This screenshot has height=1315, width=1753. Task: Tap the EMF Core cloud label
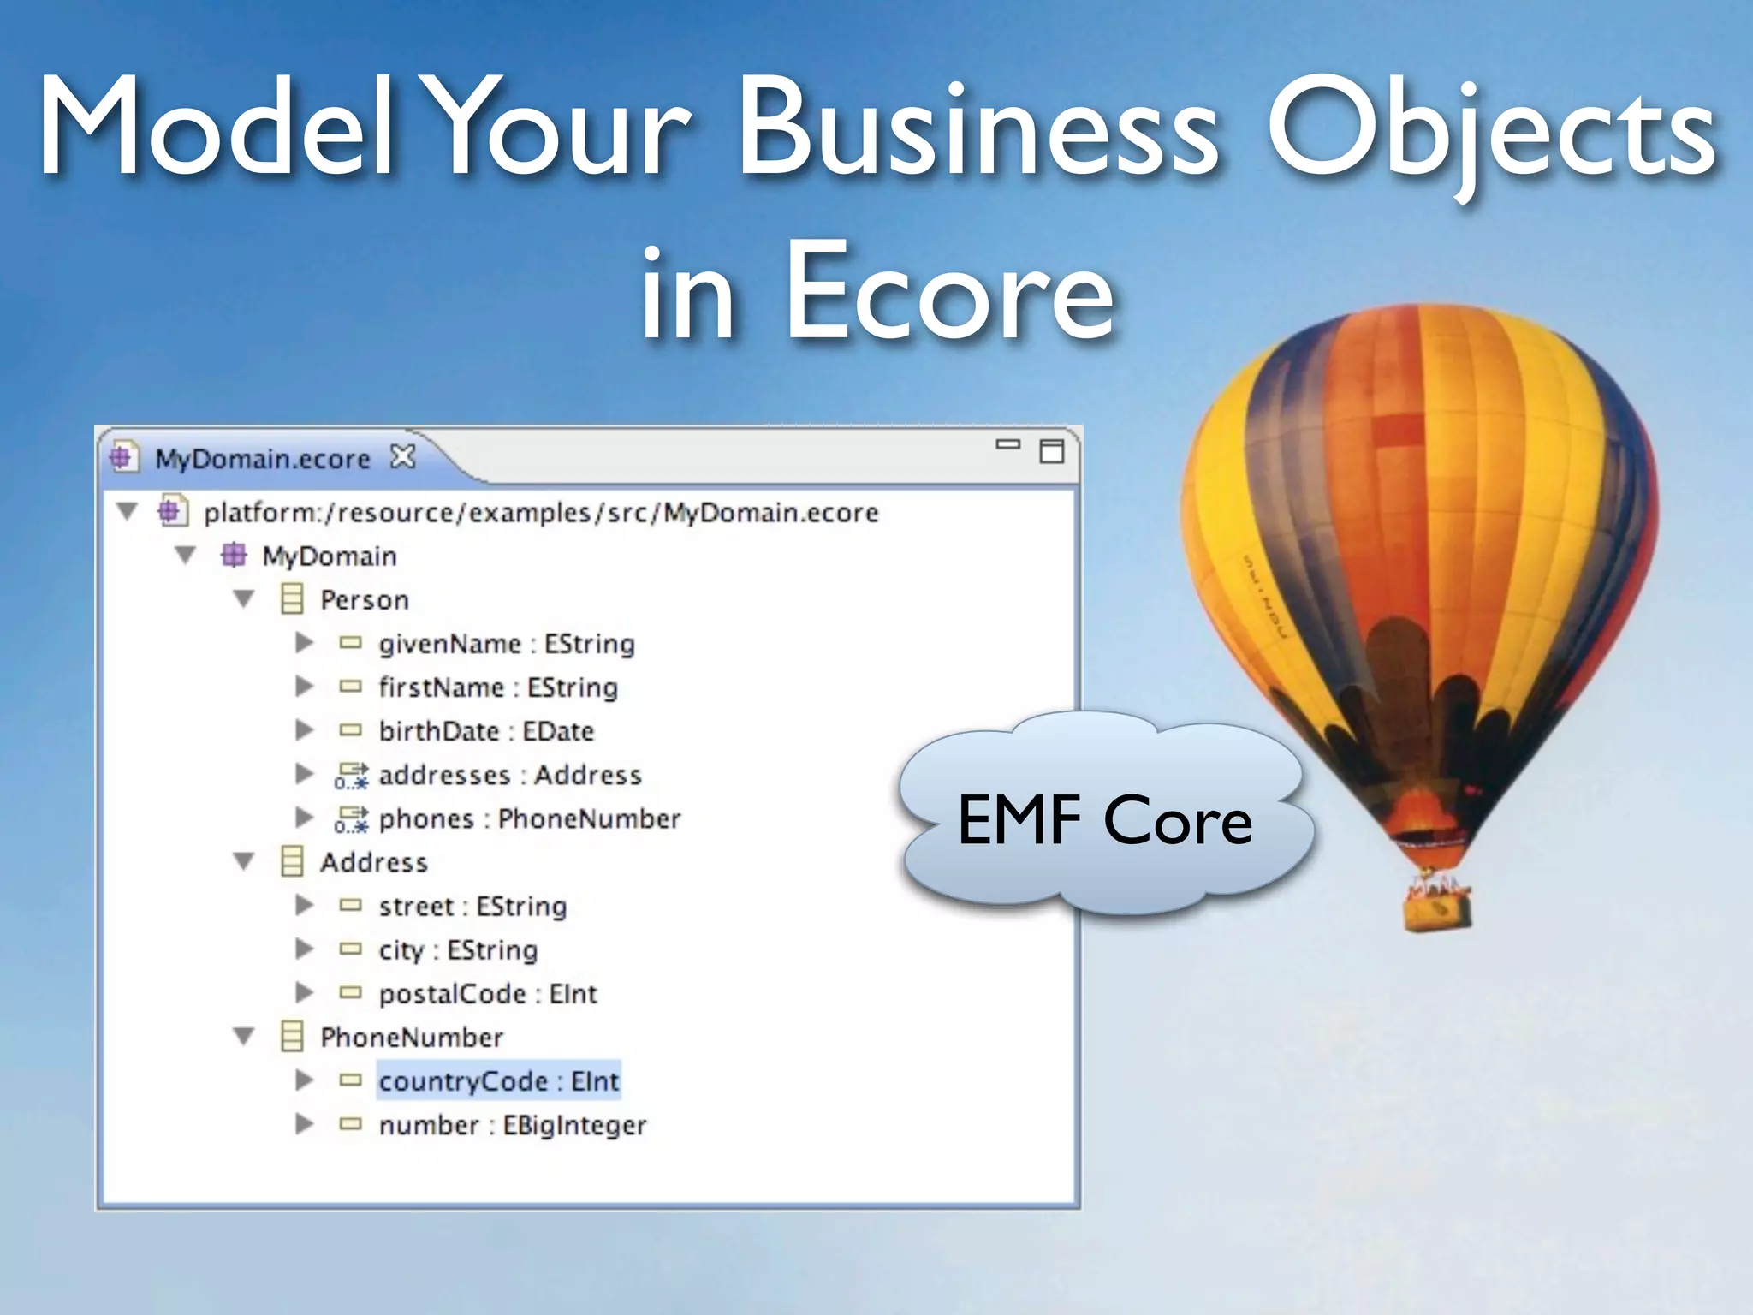(x=1104, y=820)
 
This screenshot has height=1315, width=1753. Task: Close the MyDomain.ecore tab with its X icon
(x=402, y=457)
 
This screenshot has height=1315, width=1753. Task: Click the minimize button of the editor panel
(x=1008, y=444)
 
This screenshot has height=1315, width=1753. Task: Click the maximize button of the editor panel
(x=1051, y=450)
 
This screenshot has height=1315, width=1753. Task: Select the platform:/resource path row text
(x=541, y=513)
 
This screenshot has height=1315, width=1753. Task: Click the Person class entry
(x=364, y=600)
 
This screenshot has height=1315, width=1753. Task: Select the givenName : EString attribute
(x=507, y=644)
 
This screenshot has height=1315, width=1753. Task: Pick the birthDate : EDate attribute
(x=486, y=731)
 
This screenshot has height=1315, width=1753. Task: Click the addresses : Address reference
(x=510, y=775)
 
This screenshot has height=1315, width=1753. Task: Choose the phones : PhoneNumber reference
(x=529, y=818)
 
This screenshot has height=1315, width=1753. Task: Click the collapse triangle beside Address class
(x=244, y=861)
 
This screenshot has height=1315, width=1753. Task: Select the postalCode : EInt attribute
(x=488, y=994)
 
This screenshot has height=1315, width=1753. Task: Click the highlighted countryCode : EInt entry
(x=498, y=1081)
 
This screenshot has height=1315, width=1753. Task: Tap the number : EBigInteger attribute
(x=512, y=1125)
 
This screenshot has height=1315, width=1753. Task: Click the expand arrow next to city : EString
(x=304, y=949)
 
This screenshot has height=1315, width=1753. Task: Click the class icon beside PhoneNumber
(x=292, y=1037)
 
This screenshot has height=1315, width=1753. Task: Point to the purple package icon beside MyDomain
(x=234, y=556)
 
